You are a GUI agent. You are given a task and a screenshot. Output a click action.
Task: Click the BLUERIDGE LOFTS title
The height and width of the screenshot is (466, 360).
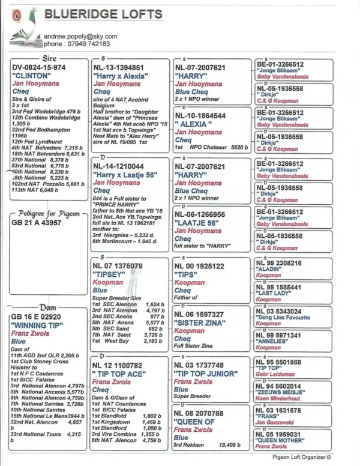104,14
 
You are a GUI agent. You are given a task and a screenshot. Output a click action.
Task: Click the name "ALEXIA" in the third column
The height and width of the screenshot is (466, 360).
192,124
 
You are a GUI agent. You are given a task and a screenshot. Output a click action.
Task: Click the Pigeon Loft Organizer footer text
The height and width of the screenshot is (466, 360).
306,458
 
